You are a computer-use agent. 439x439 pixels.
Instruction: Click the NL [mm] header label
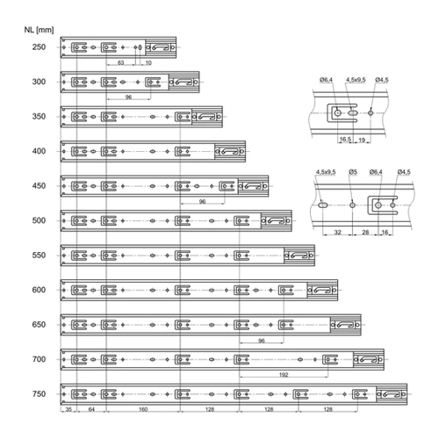coord(39,30)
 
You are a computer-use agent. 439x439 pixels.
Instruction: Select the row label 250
coord(39,47)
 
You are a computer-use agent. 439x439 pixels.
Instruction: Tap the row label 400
coord(39,151)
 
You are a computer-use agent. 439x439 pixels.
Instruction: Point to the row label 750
coord(39,393)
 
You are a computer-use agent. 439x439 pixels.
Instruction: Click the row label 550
coord(39,255)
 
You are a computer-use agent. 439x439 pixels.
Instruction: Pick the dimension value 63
coord(120,62)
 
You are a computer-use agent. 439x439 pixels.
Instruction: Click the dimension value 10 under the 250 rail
coord(148,62)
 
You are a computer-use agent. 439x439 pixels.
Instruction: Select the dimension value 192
coord(284,375)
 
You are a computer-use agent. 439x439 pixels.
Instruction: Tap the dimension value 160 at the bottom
coord(143,409)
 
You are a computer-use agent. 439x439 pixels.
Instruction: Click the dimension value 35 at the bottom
coord(68,409)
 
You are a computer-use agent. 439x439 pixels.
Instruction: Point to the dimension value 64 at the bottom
coord(91,409)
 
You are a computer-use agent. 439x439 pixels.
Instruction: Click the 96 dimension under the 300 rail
coord(128,97)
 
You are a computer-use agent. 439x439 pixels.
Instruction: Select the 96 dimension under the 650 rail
coord(262,341)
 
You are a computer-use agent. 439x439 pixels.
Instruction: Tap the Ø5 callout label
coord(353,172)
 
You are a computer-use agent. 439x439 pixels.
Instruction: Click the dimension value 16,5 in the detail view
coord(345,140)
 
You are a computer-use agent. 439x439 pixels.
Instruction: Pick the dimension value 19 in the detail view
coord(362,140)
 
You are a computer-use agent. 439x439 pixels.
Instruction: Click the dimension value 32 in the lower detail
coord(338,232)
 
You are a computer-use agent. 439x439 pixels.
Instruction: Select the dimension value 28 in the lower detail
coord(365,232)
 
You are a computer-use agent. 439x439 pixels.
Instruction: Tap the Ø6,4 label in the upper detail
coord(326,80)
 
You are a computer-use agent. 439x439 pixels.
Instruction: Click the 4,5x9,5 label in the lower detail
coord(326,172)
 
